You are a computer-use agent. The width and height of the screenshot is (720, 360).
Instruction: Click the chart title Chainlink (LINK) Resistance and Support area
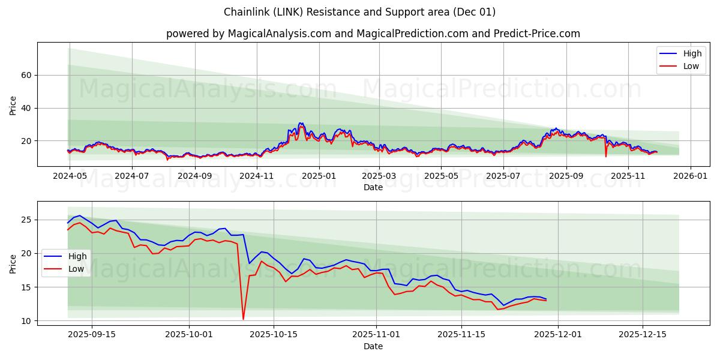pos(359,12)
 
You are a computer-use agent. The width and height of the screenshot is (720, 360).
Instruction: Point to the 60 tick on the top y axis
pos(26,75)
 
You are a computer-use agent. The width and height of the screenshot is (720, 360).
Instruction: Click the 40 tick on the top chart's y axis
pos(26,108)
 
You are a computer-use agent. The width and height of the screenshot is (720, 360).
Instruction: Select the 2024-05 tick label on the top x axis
pos(70,176)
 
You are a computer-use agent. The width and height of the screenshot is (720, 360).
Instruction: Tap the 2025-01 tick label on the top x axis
pos(319,176)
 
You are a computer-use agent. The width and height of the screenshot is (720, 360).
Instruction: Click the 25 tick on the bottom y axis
pos(26,220)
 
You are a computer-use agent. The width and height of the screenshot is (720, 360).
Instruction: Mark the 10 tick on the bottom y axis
pos(26,321)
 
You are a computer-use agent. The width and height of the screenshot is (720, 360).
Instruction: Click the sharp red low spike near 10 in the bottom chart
pos(243,319)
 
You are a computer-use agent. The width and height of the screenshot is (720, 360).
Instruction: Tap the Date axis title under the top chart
pos(373,187)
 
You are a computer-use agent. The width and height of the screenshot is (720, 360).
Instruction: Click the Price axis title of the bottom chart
pos(13,263)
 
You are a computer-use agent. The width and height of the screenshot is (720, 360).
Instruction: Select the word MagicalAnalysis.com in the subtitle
pos(280,34)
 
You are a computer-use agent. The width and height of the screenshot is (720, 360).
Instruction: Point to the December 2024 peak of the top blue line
pos(300,123)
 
